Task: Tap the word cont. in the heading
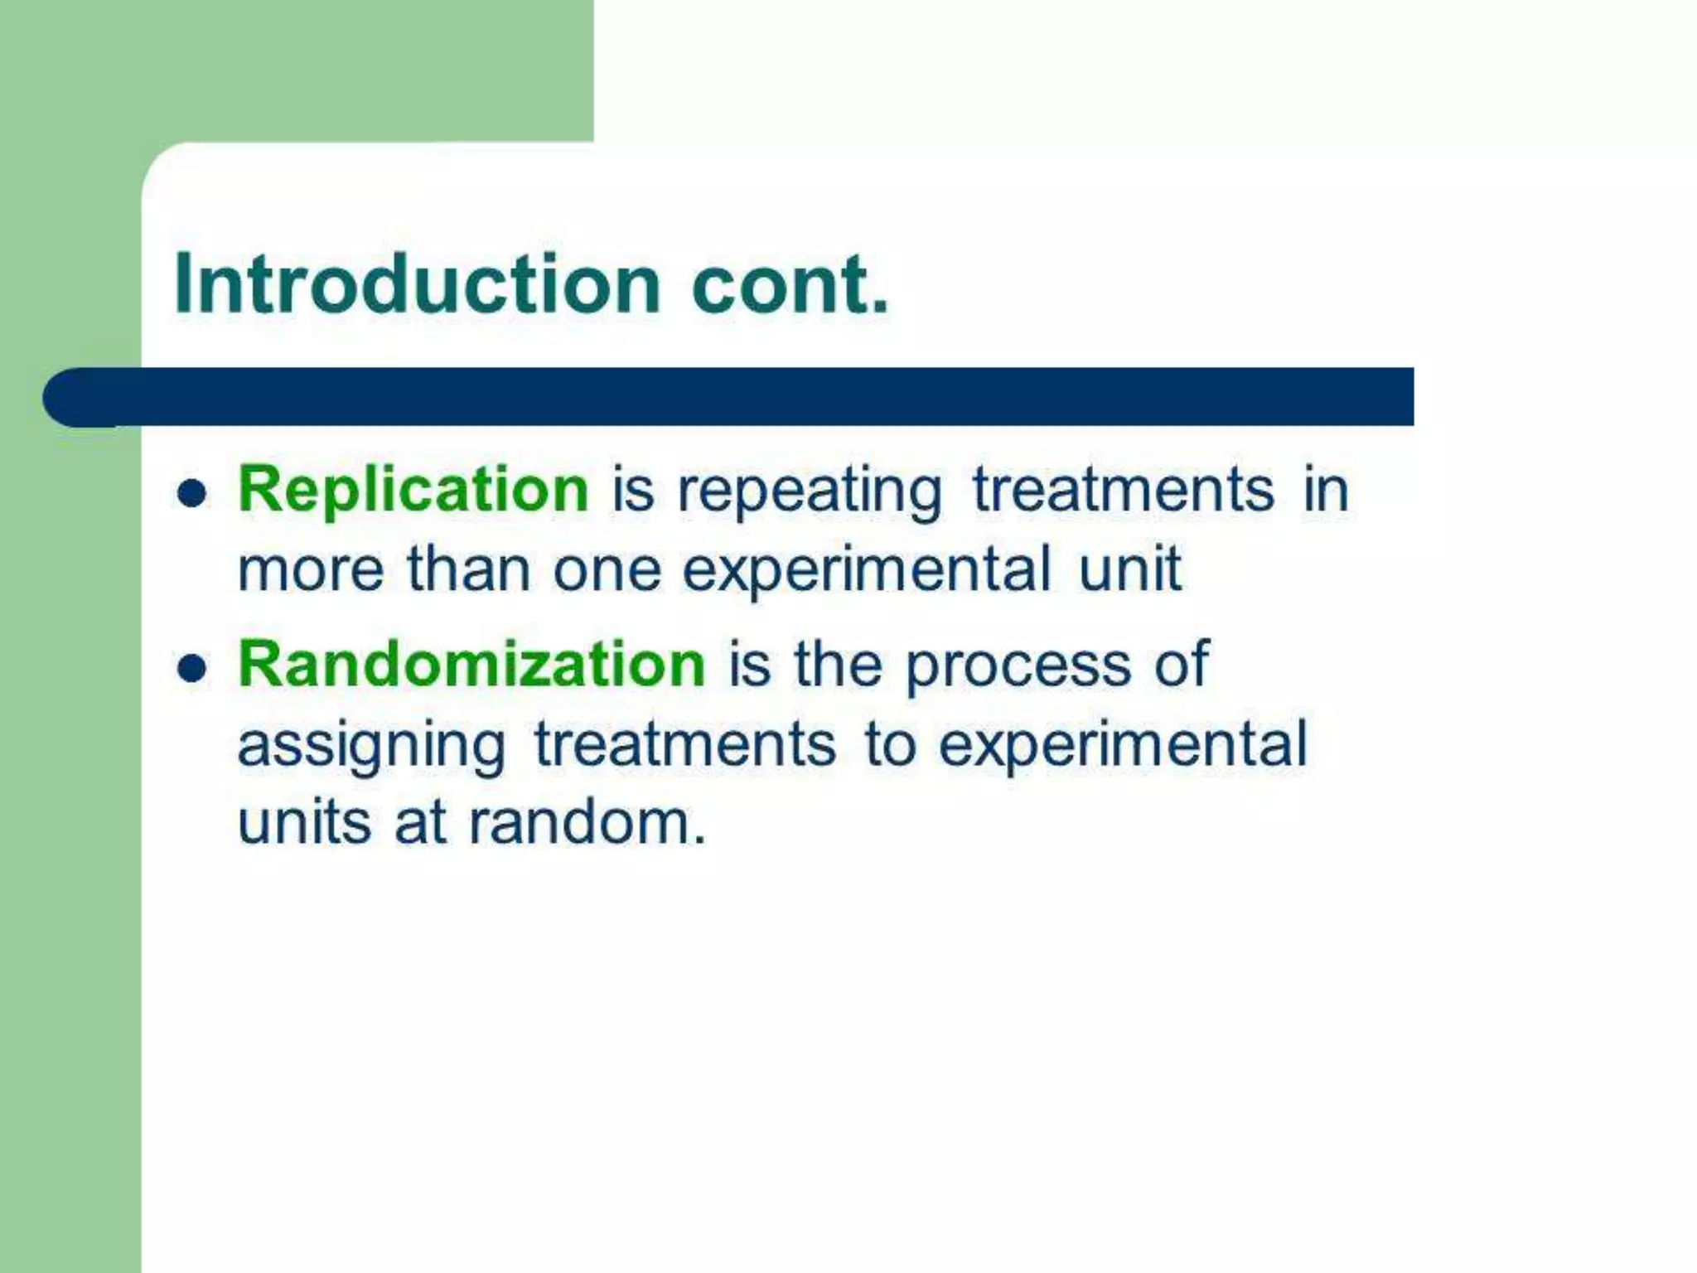click(x=790, y=284)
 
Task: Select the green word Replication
click(x=413, y=490)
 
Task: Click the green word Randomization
click(x=471, y=665)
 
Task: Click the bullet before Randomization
click(x=191, y=667)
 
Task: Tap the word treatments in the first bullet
click(x=1123, y=490)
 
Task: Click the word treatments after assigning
click(x=685, y=743)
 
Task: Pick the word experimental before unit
click(x=866, y=571)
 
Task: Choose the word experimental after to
click(x=1122, y=743)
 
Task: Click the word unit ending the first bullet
click(x=1129, y=569)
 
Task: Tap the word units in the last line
click(x=304, y=823)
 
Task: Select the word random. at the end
click(x=587, y=823)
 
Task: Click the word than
click(x=468, y=569)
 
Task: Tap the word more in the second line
click(x=311, y=571)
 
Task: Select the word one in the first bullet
click(x=607, y=571)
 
